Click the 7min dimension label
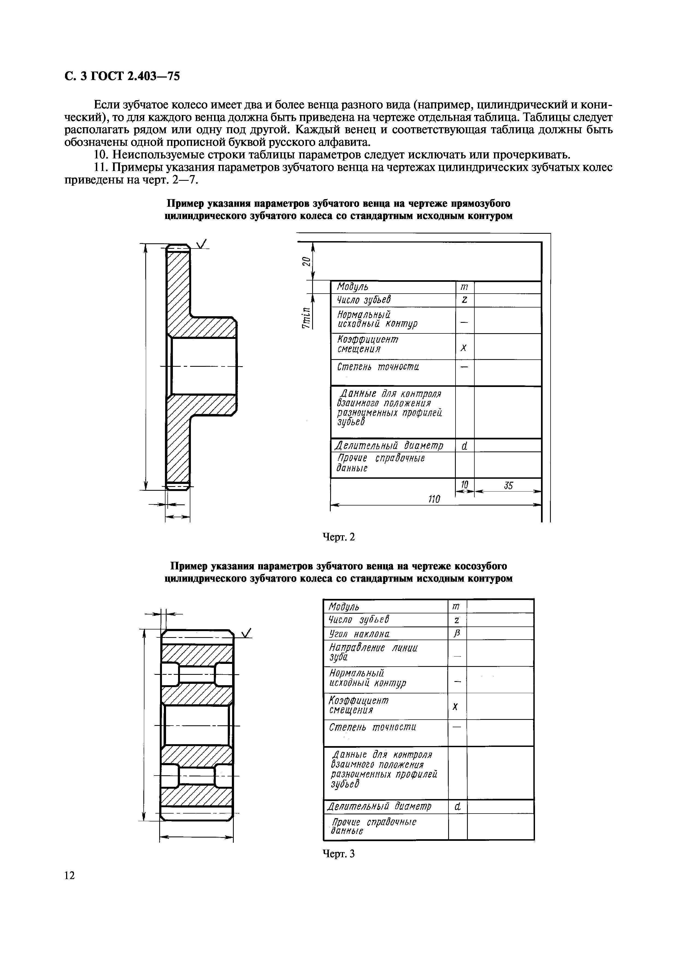[307, 318]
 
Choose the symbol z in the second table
[457, 620]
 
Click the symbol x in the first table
[464, 348]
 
